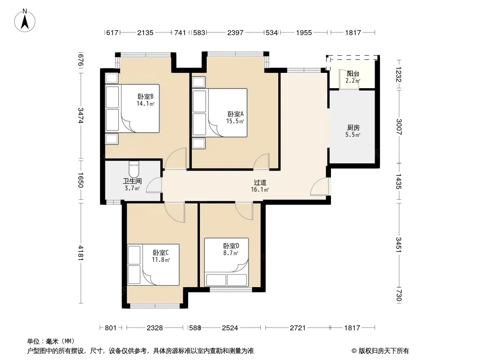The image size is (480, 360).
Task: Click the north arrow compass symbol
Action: (x=25, y=21)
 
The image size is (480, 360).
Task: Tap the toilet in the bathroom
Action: (x=134, y=169)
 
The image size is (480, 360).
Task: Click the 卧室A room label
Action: (x=235, y=114)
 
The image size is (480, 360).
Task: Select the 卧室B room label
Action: (x=145, y=96)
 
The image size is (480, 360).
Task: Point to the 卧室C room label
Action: (x=161, y=252)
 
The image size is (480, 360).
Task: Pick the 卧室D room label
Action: (x=231, y=246)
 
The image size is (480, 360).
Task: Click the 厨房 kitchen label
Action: (x=353, y=127)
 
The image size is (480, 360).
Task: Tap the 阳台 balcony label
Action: (x=353, y=74)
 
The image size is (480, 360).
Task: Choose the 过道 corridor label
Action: (x=260, y=183)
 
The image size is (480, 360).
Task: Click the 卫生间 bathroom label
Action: (x=132, y=181)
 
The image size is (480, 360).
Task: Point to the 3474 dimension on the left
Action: (x=81, y=116)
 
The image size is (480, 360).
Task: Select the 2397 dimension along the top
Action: (x=235, y=33)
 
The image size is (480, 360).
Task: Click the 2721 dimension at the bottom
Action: (x=298, y=328)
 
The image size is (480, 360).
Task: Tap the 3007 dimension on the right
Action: (x=398, y=126)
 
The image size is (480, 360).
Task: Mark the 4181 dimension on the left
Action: (x=81, y=253)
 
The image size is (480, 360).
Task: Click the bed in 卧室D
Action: (x=226, y=262)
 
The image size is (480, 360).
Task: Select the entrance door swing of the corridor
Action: (x=320, y=187)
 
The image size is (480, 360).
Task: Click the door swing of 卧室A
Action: (x=261, y=161)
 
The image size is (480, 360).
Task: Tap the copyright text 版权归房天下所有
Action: (x=380, y=351)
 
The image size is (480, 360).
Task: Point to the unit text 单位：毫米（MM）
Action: (x=51, y=342)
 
